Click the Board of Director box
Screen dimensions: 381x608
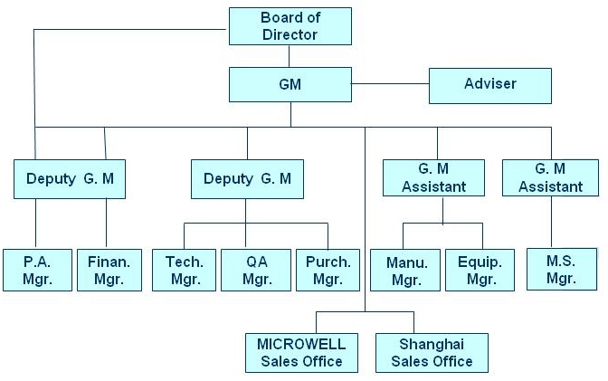[289, 25]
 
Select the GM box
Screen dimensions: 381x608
[289, 84]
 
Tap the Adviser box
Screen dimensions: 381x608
[489, 84]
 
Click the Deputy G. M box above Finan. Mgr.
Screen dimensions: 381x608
[69, 178]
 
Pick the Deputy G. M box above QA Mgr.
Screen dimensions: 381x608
[247, 178]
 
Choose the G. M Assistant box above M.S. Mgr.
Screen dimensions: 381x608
[551, 177]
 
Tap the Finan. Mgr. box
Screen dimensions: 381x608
[109, 269]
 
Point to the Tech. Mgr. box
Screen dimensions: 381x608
[184, 269]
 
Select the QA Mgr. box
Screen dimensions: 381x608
[256, 269]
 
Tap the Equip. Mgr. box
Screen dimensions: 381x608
[480, 269]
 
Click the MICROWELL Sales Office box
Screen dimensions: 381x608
[300, 353]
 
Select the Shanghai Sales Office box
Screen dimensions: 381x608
[432, 353]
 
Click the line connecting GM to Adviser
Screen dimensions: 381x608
[389, 84]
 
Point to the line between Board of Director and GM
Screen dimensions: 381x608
[289, 55]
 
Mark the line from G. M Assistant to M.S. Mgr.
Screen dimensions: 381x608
[551, 223]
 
